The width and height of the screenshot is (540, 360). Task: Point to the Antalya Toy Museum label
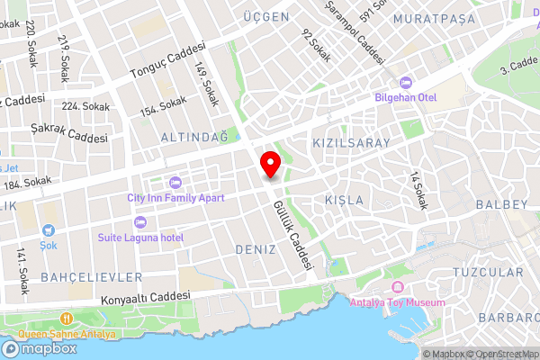point(397,302)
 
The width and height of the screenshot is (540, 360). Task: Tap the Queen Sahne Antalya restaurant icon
point(67,319)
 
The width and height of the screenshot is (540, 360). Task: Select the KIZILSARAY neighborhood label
point(350,143)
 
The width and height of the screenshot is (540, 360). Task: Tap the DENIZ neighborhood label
point(255,247)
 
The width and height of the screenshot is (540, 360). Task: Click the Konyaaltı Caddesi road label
point(147,298)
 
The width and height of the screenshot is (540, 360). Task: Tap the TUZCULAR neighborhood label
point(487,272)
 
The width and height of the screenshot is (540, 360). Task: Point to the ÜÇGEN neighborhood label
point(266,17)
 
